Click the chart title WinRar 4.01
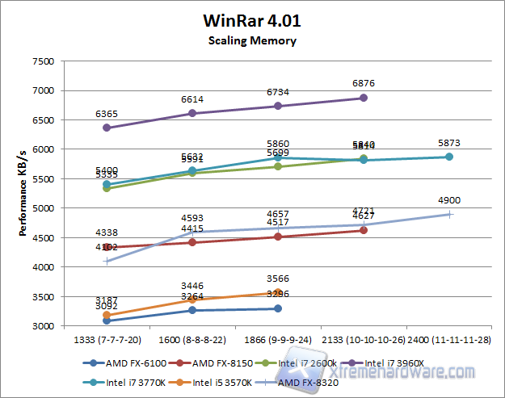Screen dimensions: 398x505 (x=251, y=21)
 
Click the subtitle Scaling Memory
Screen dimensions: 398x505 (x=251, y=40)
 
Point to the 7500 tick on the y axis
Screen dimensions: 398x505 (x=42, y=61)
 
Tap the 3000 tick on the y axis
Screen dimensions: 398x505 (x=42, y=326)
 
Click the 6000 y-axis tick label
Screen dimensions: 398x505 (x=42, y=149)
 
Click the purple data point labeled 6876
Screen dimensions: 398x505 (x=364, y=98)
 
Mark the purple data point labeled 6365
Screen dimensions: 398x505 (x=107, y=128)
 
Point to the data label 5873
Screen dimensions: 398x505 (x=449, y=143)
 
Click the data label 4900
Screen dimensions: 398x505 (x=449, y=200)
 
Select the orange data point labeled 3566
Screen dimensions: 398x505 (x=278, y=293)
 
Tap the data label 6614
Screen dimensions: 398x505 (x=192, y=99)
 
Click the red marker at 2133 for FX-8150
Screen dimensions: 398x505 (x=364, y=230)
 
